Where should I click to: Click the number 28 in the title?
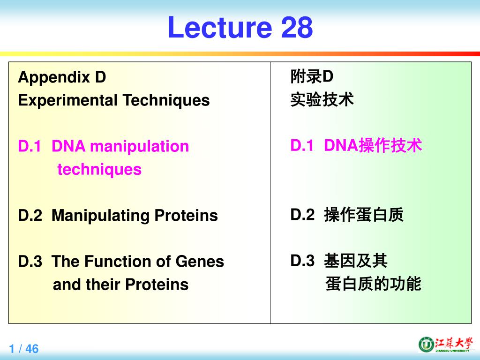(x=297, y=27)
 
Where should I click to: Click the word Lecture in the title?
(x=219, y=27)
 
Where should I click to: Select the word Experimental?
(x=67, y=100)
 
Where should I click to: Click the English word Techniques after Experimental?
(x=166, y=100)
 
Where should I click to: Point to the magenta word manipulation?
(x=139, y=146)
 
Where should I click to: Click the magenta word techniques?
(x=99, y=169)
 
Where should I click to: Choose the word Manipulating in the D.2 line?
(x=100, y=216)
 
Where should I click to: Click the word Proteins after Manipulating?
(x=186, y=216)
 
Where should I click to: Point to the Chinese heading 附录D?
(x=312, y=76)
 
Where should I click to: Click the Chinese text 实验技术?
(x=322, y=99)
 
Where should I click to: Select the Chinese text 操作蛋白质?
(x=363, y=215)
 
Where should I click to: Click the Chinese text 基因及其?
(x=355, y=261)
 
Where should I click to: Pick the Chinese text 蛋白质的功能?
(x=373, y=284)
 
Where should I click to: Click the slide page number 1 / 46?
(x=24, y=349)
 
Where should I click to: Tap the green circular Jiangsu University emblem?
(x=425, y=345)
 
